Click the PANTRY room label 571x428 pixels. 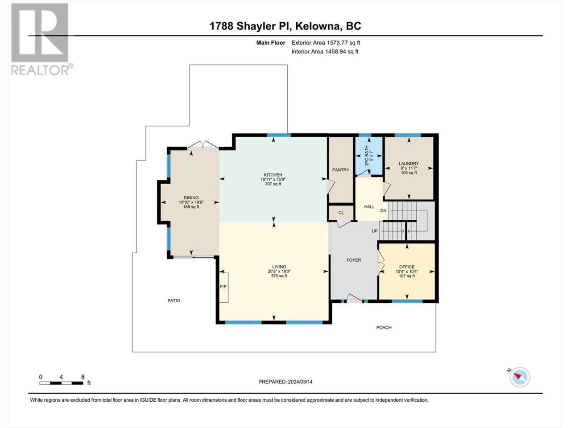[x=340, y=170]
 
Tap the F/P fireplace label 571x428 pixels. [x=223, y=287]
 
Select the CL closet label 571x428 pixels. [x=341, y=213]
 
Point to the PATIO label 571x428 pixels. [x=174, y=300]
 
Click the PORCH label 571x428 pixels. [x=384, y=327]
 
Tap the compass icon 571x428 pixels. [x=519, y=377]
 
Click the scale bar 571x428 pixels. [x=62, y=383]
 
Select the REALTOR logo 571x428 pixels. [x=42, y=40]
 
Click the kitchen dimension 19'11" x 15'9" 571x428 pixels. [x=273, y=179]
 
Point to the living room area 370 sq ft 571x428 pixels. [x=279, y=276]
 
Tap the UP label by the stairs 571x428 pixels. [x=375, y=231]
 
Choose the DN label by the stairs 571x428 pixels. [x=383, y=211]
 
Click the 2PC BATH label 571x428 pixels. [x=367, y=156]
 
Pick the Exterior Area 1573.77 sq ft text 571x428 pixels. [x=326, y=43]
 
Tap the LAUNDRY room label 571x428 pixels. [x=409, y=164]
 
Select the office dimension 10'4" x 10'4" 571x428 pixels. [x=407, y=272]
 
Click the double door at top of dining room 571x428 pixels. [x=203, y=145]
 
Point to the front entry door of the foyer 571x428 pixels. [x=355, y=299]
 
